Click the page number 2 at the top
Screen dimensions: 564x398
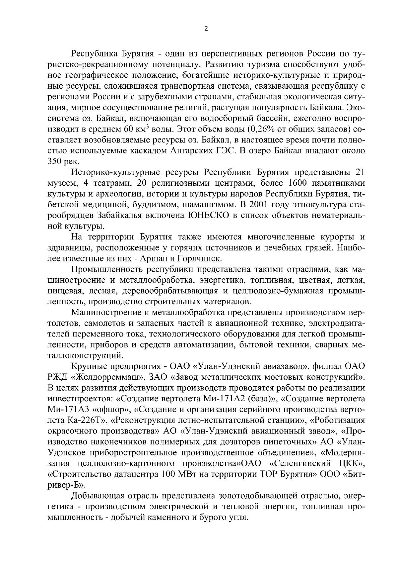[206, 29]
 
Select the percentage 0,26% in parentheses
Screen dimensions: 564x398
[264, 129]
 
